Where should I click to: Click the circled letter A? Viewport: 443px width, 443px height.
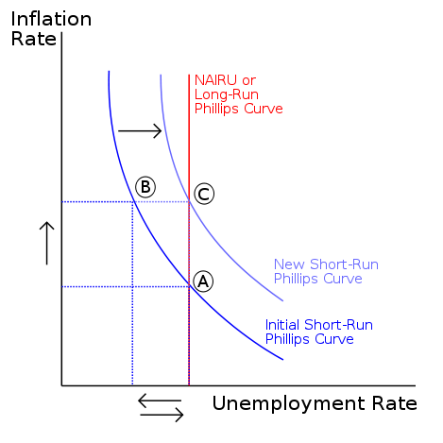203,281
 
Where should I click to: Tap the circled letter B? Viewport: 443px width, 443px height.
145,187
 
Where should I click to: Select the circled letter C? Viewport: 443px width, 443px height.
204,194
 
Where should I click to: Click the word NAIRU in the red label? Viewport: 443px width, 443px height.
216,80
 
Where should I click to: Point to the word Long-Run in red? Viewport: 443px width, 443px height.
227,94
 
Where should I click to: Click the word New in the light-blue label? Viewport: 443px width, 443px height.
289,264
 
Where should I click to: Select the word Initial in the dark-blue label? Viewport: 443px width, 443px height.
282,325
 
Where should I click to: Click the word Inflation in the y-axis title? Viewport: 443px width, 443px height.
51,19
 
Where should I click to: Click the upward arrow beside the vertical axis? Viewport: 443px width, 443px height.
47,243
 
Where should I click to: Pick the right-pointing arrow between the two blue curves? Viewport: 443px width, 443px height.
140,130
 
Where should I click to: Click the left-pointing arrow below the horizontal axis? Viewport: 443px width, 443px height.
160,400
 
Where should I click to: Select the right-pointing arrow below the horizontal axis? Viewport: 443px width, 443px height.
162,415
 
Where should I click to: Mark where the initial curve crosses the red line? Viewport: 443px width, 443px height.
189,286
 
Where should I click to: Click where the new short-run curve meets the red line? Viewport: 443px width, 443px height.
189,201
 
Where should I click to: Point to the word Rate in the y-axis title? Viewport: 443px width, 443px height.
34,39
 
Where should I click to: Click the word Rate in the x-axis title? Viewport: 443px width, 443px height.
395,403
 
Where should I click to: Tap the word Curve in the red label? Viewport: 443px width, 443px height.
264,109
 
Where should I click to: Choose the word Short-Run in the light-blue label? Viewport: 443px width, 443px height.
344,264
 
